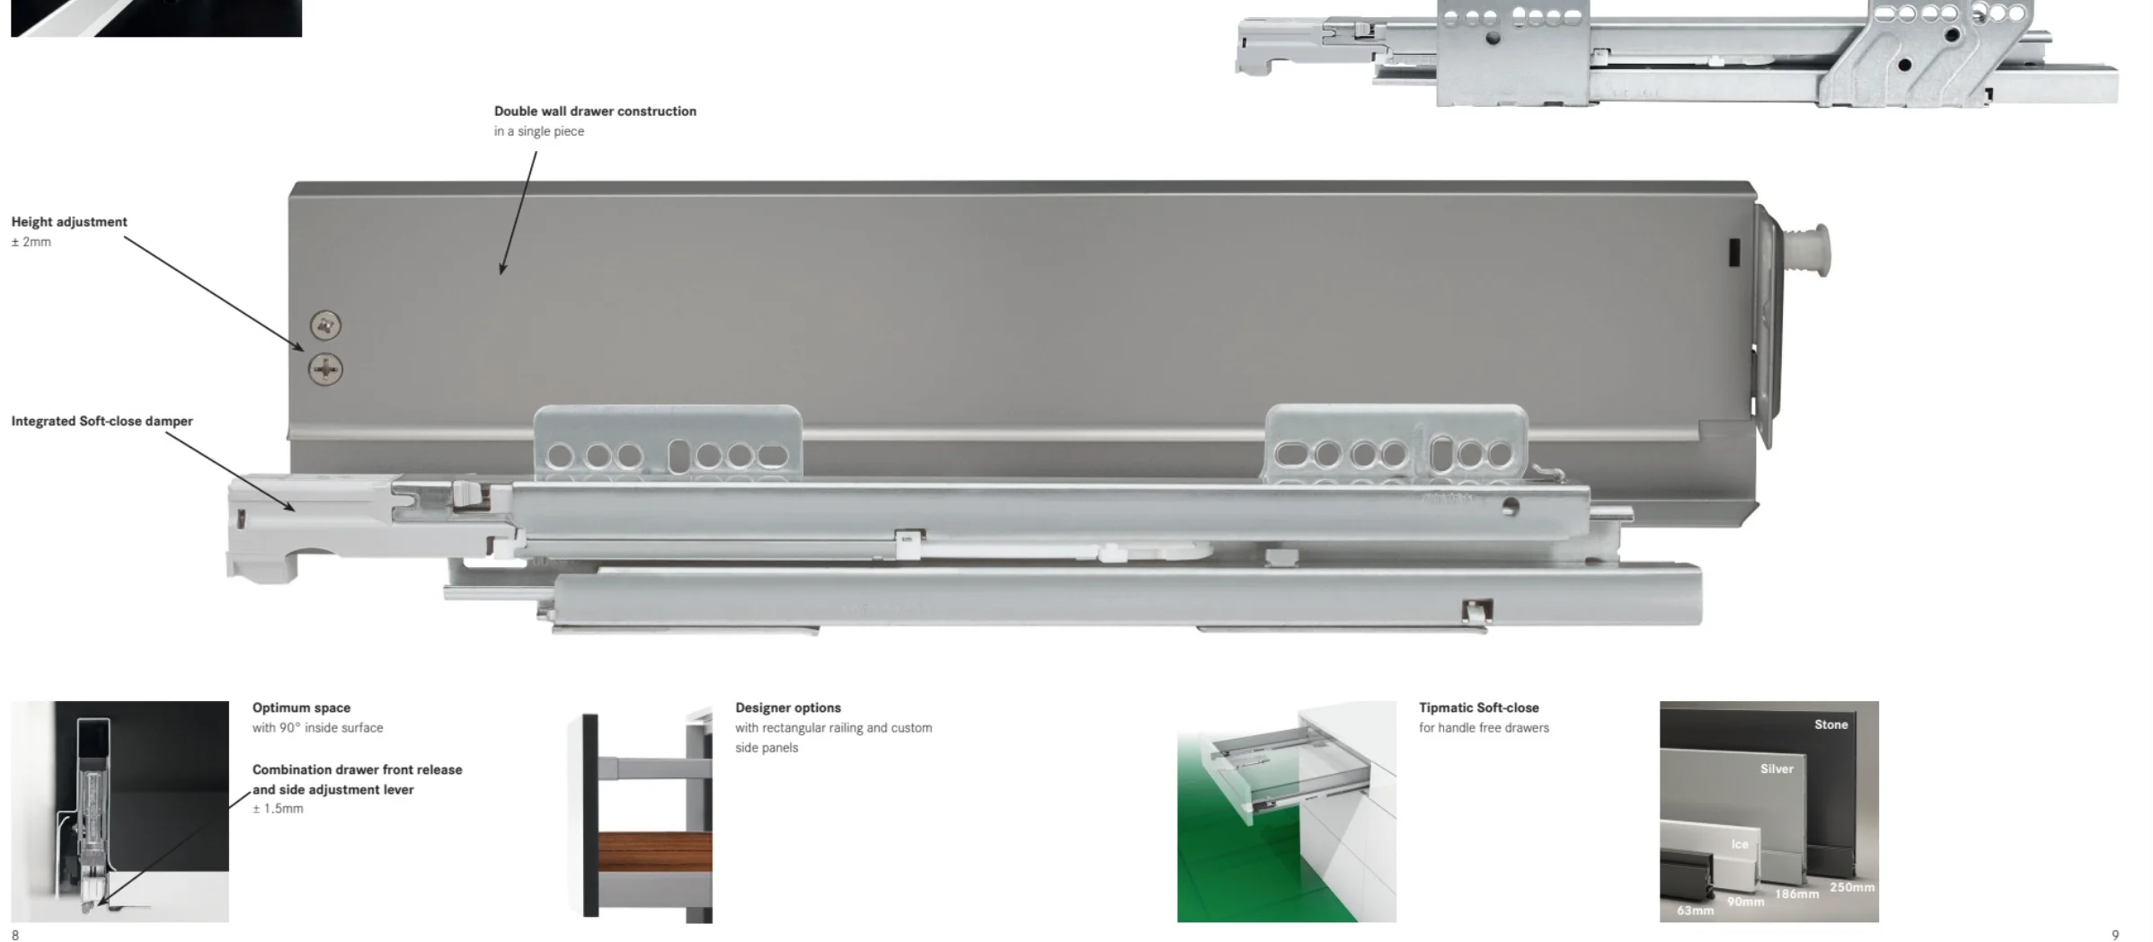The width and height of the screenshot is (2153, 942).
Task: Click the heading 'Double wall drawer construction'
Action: tap(595, 111)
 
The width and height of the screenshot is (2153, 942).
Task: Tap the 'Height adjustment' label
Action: tap(69, 222)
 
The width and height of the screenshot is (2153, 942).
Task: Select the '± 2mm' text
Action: tap(31, 242)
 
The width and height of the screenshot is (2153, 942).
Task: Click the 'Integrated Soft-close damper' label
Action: tap(102, 421)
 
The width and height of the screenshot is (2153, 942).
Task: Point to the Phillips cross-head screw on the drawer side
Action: tap(325, 369)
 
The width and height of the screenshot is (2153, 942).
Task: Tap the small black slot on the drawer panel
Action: tap(1734, 253)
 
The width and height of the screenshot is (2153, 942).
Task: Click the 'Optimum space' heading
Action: tap(301, 708)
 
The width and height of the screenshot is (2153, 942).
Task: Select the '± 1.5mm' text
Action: tap(278, 809)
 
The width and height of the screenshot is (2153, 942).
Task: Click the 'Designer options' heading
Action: tap(788, 708)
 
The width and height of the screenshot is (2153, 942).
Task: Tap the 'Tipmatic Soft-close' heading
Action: tap(1478, 708)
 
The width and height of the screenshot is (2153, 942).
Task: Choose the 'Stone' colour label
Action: tap(1830, 724)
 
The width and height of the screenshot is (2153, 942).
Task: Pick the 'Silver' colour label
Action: tap(1776, 769)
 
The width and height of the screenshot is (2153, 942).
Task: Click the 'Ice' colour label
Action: tap(1740, 844)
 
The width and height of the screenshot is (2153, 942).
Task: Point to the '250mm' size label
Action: tap(1852, 887)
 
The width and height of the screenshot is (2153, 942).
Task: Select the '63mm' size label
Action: tap(1696, 911)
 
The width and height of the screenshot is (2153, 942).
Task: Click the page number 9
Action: tap(2114, 935)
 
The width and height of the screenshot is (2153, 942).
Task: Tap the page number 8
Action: tap(15, 935)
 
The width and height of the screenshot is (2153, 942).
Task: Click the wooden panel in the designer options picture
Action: tap(654, 852)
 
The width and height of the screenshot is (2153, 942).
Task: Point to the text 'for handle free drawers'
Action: tap(1484, 728)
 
